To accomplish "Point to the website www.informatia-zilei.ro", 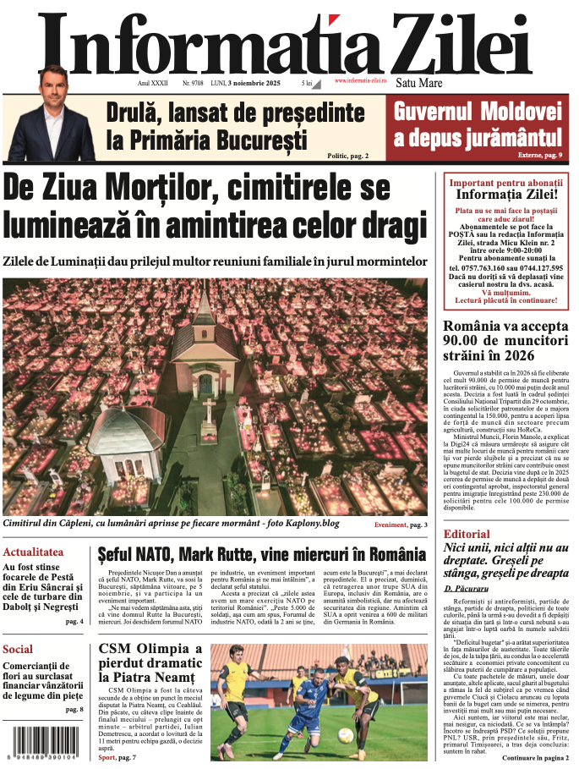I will click(x=360, y=80).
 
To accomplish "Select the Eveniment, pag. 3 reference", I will click(x=401, y=525).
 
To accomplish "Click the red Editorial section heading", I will click(x=467, y=534).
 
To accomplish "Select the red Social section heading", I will click(x=18, y=650).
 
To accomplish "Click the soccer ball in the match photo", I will click(x=345, y=734).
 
